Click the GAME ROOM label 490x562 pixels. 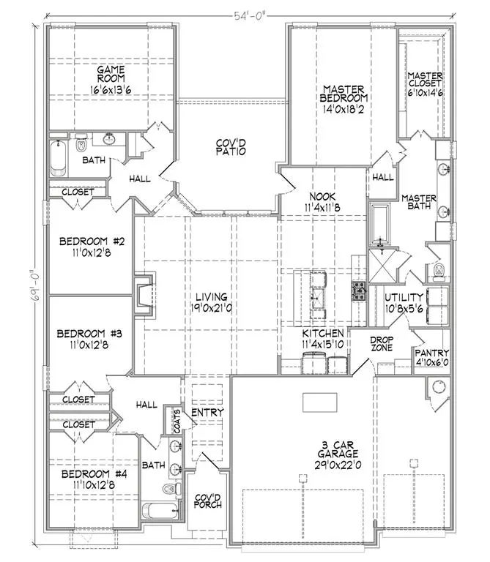[111, 74]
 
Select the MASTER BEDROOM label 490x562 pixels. [344, 94]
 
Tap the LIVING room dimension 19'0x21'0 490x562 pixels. [211, 308]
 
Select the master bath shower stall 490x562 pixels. [382, 266]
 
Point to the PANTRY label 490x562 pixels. [432, 353]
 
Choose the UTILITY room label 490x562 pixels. [404, 298]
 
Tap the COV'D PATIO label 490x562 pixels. [231, 147]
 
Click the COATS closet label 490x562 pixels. [177, 421]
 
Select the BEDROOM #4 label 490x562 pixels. [94, 474]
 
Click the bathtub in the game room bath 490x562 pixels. [58, 158]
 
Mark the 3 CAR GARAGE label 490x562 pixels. [338, 449]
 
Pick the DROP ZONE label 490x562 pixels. [382, 343]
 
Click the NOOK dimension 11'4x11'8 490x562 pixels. [322, 207]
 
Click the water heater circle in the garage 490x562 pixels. [438, 387]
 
